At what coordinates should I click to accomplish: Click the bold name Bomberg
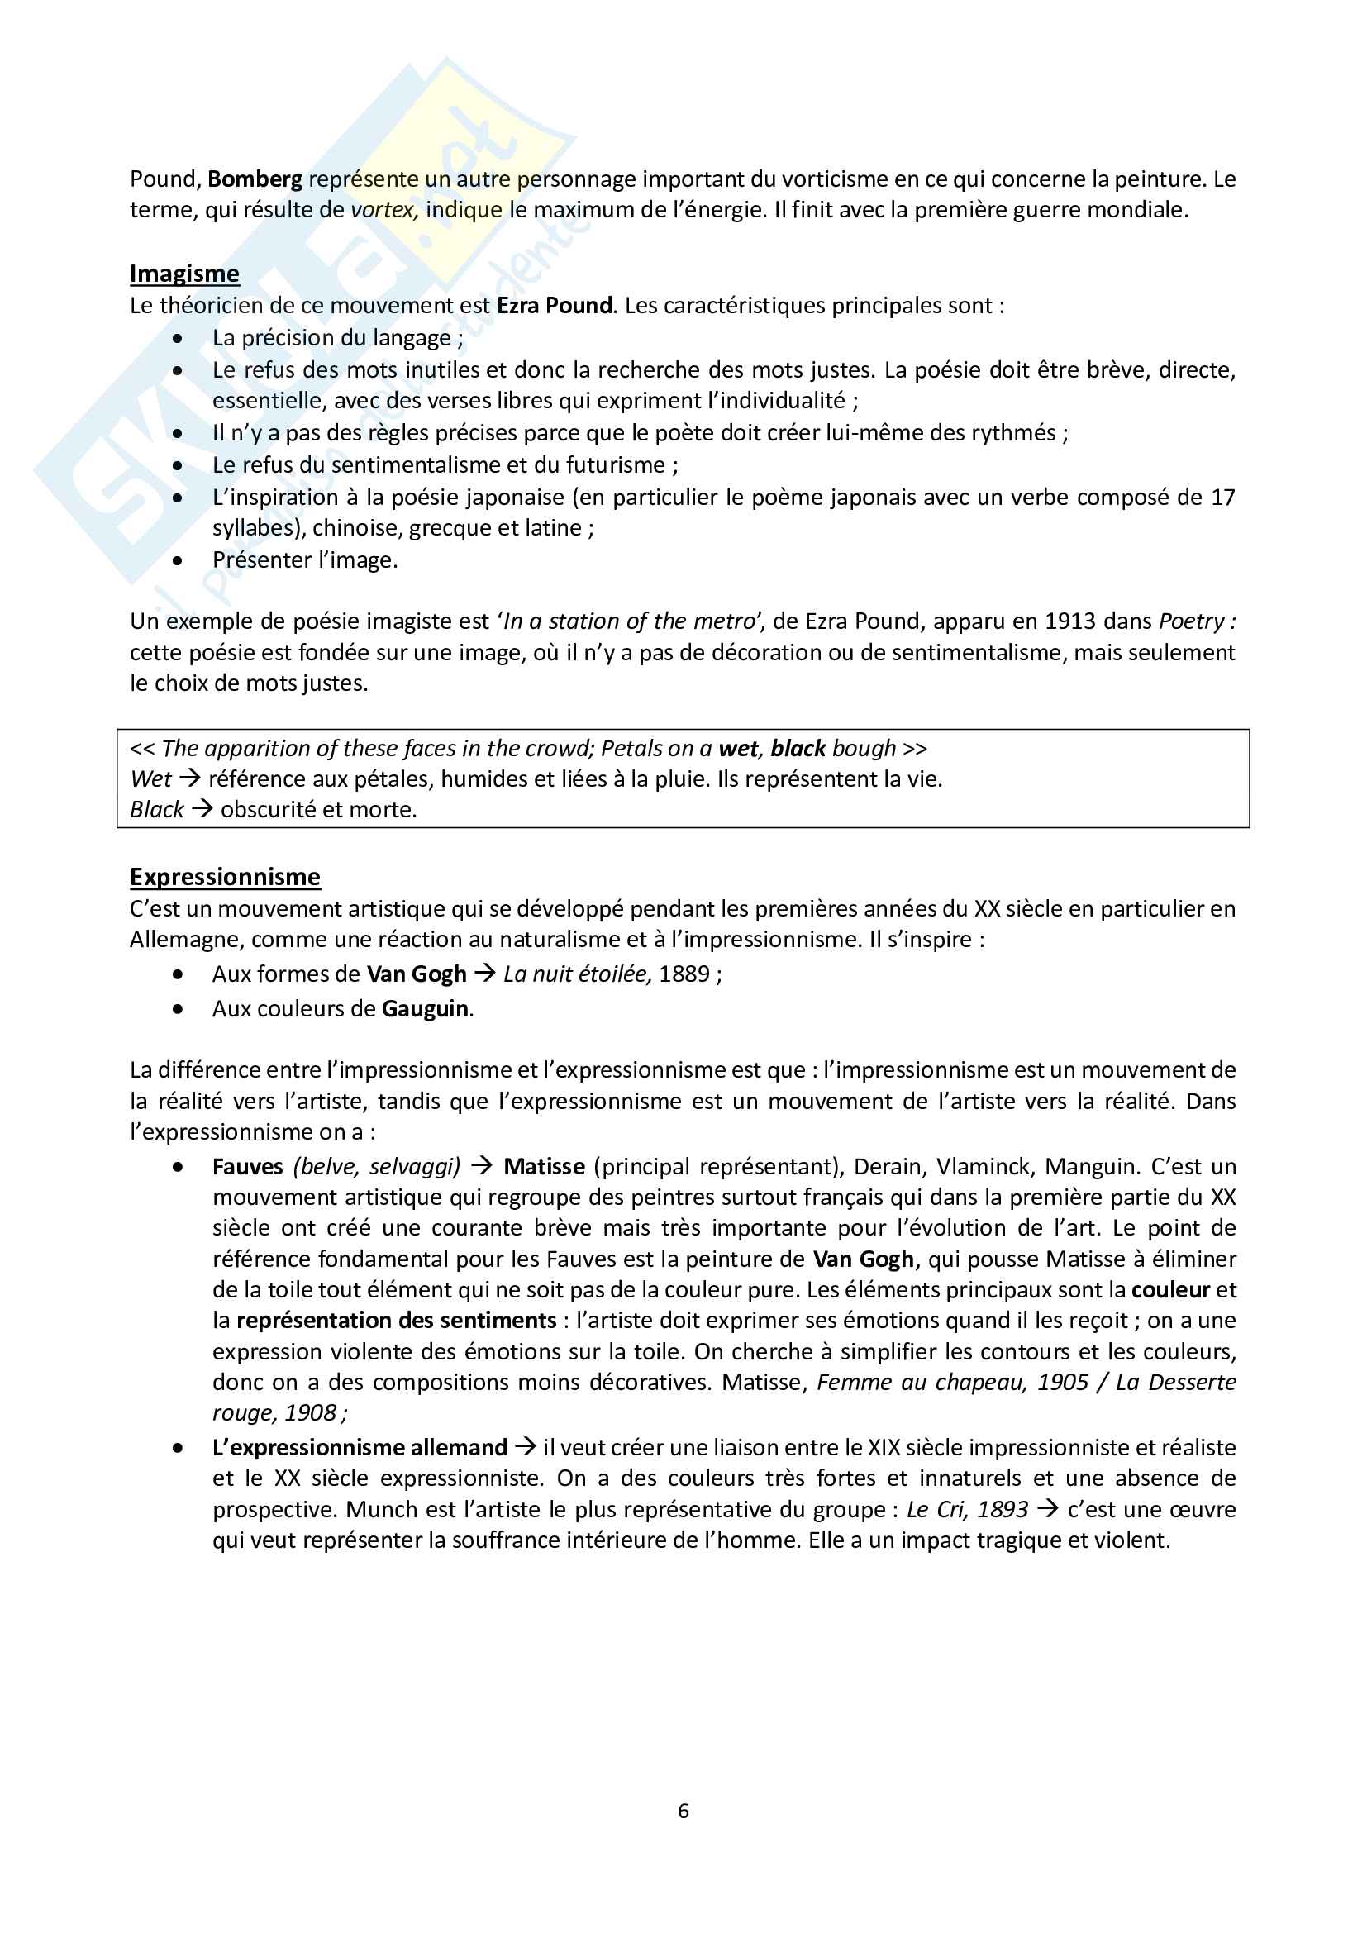[255, 179]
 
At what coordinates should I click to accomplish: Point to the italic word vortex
[383, 210]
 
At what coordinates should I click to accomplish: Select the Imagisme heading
[184, 274]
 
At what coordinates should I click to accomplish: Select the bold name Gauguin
[425, 1008]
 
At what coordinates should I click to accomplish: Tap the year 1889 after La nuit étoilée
[684, 974]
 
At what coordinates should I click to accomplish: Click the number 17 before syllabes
[1222, 498]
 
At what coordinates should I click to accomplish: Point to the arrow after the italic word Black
[202, 809]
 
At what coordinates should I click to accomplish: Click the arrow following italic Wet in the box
[189, 778]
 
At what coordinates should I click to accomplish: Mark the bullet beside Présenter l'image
[178, 560]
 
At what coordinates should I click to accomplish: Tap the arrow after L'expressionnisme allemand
[526, 1447]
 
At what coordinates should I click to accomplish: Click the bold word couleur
[1170, 1290]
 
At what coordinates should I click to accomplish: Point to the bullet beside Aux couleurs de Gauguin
[178, 1009]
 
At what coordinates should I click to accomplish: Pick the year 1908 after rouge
[311, 1412]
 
